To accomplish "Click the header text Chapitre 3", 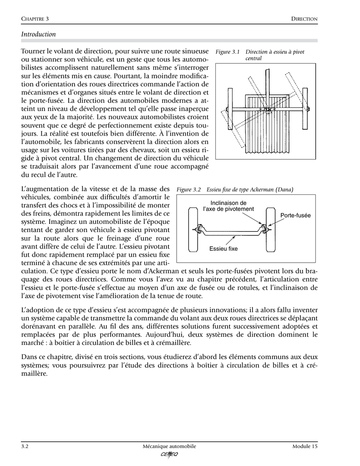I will click(x=35, y=19).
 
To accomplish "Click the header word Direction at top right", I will click(x=304, y=19).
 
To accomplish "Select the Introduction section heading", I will click(x=39, y=34).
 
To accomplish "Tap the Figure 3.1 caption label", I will click(x=227, y=52).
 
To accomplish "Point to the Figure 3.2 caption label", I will click(x=189, y=189).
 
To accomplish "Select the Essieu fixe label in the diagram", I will click(x=223, y=248).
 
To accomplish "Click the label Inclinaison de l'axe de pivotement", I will click(x=228, y=206).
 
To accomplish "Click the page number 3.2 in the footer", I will click(x=25, y=446).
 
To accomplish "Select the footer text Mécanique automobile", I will click(x=169, y=446).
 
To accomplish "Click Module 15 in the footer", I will click(x=304, y=446).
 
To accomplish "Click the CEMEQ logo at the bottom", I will click(x=169, y=455).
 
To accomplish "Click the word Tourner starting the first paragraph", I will click(x=34, y=51).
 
